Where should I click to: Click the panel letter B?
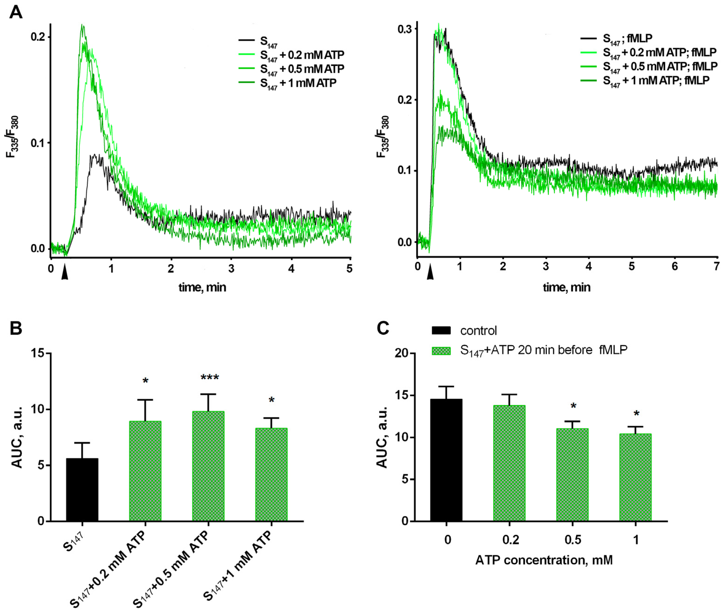[16, 328]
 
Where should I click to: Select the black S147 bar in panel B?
[82, 490]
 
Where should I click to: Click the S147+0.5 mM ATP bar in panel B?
[208, 467]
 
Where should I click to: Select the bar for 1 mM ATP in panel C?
[635, 477]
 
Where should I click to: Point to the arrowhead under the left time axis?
[64, 275]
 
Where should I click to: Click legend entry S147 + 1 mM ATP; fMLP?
[656, 81]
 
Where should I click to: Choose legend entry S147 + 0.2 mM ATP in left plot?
[302, 55]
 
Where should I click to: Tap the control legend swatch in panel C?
[441, 330]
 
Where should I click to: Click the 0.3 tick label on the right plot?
[405, 29]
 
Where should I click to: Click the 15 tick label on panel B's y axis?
[38, 353]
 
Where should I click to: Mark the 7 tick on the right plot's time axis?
[716, 267]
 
